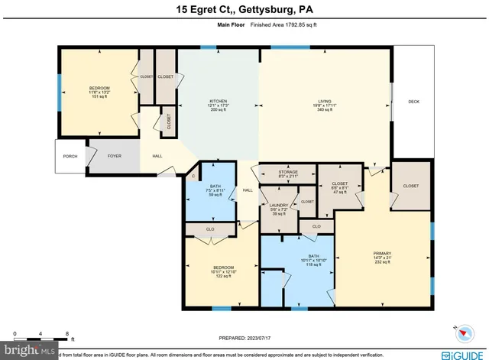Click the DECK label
point(413,101)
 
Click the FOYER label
point(114,156)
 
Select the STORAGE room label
point(287,173)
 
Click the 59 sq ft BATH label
point(215,186)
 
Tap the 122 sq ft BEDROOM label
point(222,268)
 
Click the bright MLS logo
point(25,351)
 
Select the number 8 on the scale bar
point(67,333)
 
